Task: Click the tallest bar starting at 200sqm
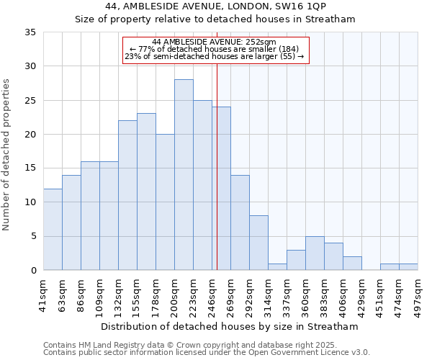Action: coord(184,175)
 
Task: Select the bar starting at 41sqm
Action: coord(53,229)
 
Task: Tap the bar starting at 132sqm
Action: coord(127,195)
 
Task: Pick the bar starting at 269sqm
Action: coord(240,222)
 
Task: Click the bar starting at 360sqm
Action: coord(315,253)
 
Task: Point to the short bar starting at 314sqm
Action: coord(277,267)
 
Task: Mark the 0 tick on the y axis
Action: coord(32,271)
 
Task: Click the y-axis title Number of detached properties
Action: coord(7,155)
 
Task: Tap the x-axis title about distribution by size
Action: coord(230,326)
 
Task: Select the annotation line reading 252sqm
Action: coord(215,42)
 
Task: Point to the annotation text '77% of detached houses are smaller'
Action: coord(215,49)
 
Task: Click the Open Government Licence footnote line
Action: coord(207,353)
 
